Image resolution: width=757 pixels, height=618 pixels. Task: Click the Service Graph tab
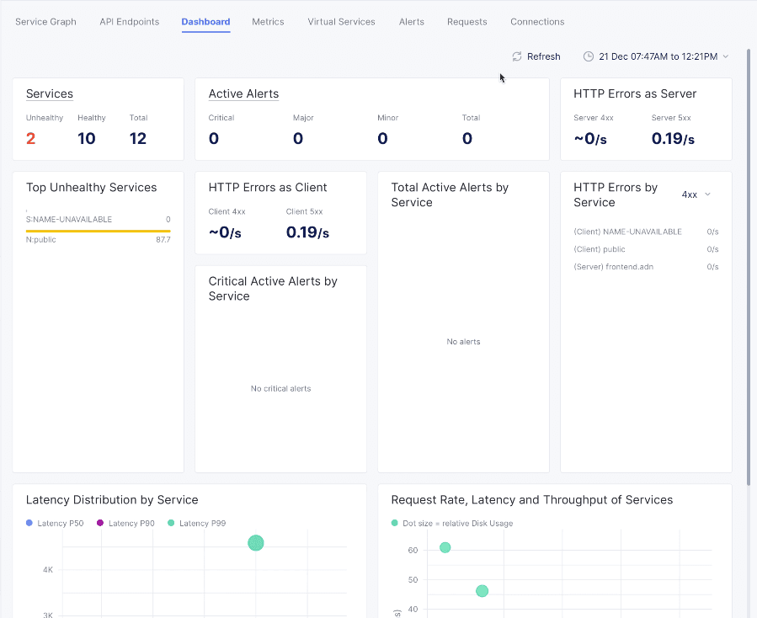[x=45, y=22]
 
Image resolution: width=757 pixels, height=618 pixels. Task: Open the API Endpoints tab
[x=129, y=22]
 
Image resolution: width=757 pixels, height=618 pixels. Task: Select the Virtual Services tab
[x=341, y=22]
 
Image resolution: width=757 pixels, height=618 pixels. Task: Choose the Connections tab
[x=537, y=22]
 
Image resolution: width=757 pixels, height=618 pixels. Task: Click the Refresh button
[x=536, y=56]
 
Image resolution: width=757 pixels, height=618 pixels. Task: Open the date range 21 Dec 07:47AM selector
[x=656, y=56]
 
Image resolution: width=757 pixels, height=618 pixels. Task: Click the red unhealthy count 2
[x=31, y=139]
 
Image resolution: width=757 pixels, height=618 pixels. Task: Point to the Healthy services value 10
[x=87, y=139]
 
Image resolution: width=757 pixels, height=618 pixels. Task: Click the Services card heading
[x=50, y=94]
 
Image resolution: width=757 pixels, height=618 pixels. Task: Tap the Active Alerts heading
[x=243, y=94]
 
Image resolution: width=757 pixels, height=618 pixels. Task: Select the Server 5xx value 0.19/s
[x=673, y=139]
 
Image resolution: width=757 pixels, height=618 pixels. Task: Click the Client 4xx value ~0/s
[x=225, y=232]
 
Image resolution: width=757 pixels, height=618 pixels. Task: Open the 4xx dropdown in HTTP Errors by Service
[x=696, y=194]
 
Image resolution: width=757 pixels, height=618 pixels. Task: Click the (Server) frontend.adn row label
[x=613, y=267]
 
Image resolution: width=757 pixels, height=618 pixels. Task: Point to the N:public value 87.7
[x=163, y=240]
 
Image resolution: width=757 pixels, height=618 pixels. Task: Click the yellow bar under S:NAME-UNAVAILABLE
[x=98, y=230]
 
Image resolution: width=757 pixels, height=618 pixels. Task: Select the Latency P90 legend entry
[x=125, y=524]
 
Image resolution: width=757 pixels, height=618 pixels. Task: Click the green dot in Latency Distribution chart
[x=256, y=543]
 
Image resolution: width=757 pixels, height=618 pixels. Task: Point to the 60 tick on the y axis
[x=413, y=551]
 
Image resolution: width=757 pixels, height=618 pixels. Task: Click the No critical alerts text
[x=280, y=389]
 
